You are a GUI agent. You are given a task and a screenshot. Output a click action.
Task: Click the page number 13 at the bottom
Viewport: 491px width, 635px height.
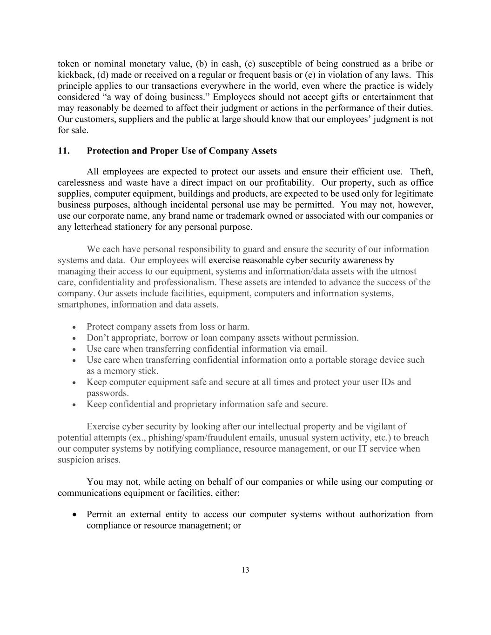tap(245, 570)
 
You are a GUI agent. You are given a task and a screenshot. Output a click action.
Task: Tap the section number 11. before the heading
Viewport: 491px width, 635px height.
tap(64, 151)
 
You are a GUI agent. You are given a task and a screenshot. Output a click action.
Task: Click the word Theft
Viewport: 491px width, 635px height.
tap(421, 172)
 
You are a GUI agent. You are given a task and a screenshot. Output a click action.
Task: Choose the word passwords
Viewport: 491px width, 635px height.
tap(108, 393)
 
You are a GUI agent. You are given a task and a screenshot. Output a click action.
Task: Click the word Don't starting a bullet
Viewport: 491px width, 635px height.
tap(98, 338)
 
